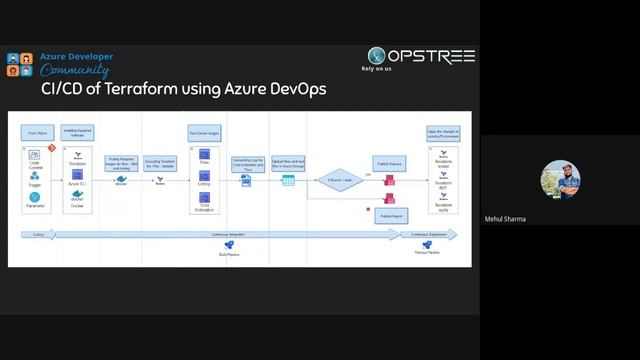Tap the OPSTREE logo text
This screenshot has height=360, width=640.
[x=431, y=56]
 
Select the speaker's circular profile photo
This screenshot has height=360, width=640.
[x=560, y=180]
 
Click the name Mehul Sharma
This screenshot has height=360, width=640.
[x=504, y=219]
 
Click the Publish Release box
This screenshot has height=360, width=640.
[x=389, y=161]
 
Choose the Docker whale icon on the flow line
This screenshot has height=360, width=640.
[x=121, y=180]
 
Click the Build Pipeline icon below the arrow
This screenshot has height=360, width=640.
[x=229, y=246]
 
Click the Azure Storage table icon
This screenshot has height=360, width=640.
[x=288, y=180]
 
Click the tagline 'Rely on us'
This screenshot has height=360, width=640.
[x=377, y=69]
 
